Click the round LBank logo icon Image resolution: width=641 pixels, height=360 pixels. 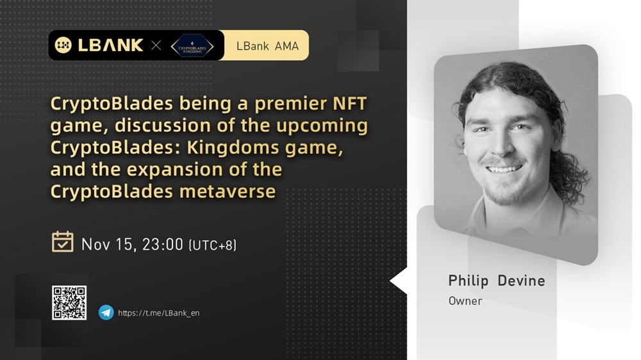click(x=63, y=45)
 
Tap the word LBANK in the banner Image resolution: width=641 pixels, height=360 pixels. click(x=110, y=45)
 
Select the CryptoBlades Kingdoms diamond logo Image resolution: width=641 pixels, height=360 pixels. click(x=192, y=46)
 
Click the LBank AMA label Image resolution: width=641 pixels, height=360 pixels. click(x=267, y=45)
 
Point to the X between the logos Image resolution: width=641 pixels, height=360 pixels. click(x=156, y=45)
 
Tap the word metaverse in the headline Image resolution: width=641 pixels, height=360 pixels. click(x=228, y=192)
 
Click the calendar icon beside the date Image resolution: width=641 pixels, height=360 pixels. click(x=63, y=241)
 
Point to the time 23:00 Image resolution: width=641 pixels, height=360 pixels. click(x=162, y=244)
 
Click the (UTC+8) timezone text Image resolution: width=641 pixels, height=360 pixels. click(x=213, y=245)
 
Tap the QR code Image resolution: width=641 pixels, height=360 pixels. click(x=69, y=303)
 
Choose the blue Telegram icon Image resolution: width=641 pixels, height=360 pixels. click(x=106, y=313)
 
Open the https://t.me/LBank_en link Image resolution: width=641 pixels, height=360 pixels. click(x=158, y=313)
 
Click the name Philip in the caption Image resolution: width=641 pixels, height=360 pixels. click(x=469, y=281)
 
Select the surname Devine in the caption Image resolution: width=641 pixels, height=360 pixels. click(x=521, y=281)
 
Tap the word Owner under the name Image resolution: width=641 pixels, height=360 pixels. click(x=465, y=301)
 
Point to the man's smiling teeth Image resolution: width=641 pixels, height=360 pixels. click(x=503, y=168)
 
